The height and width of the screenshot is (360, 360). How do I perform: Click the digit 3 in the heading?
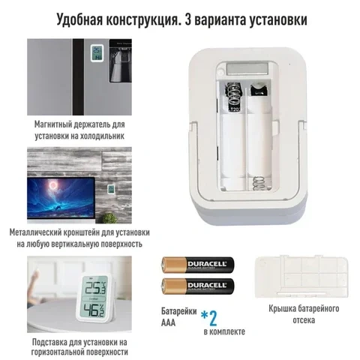(x=187, y=20)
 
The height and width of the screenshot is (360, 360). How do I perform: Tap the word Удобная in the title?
(x=79, y=20)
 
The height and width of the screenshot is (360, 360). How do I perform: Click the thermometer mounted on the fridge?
(x=97, y=52)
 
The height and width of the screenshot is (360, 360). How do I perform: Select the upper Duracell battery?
(x=198, y=265)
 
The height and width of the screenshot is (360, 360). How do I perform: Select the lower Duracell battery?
(x=198, y=286)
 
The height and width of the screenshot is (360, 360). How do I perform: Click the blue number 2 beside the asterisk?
(x=213, y=318)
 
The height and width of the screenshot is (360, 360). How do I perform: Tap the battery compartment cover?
(x=301, y=277)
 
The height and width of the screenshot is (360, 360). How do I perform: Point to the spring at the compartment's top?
(x=234, y=95)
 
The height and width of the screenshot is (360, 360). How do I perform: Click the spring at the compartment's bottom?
(x=259, y=183)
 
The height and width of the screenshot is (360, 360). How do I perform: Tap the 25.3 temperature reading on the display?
(x=96, y=288)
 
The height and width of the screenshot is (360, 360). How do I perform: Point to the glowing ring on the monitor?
(x=53, y=185)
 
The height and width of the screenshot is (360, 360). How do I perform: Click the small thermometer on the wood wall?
(x=111, y=189)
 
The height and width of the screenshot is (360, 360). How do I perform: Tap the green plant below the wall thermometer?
(x=109, y=218)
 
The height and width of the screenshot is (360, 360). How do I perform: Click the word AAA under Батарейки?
(x=168, y=322)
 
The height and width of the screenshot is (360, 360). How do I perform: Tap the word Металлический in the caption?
(x=35, y=232)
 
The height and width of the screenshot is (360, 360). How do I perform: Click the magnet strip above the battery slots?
(x=247, y=69)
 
